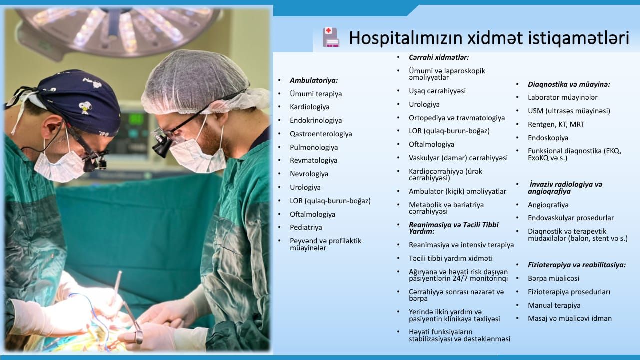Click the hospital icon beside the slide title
[331, 37]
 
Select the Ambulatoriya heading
[314, 80]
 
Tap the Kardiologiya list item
[309, 107]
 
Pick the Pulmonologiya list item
[314, 147]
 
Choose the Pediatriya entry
[306, 227]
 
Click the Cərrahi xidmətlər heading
[439, 57]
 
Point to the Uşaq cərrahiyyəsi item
[437, 91]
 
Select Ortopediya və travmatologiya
[457, 118]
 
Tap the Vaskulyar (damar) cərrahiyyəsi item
[458, 158]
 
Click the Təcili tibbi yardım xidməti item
[451, 258]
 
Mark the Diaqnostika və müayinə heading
[569, 84]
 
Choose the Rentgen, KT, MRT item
[556, 125]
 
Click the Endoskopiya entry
[548, 138]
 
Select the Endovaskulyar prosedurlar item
[571, 218]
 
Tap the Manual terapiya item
[554, 305]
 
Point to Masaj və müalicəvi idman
[570, 318]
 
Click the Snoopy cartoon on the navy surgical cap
[85, 108]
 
